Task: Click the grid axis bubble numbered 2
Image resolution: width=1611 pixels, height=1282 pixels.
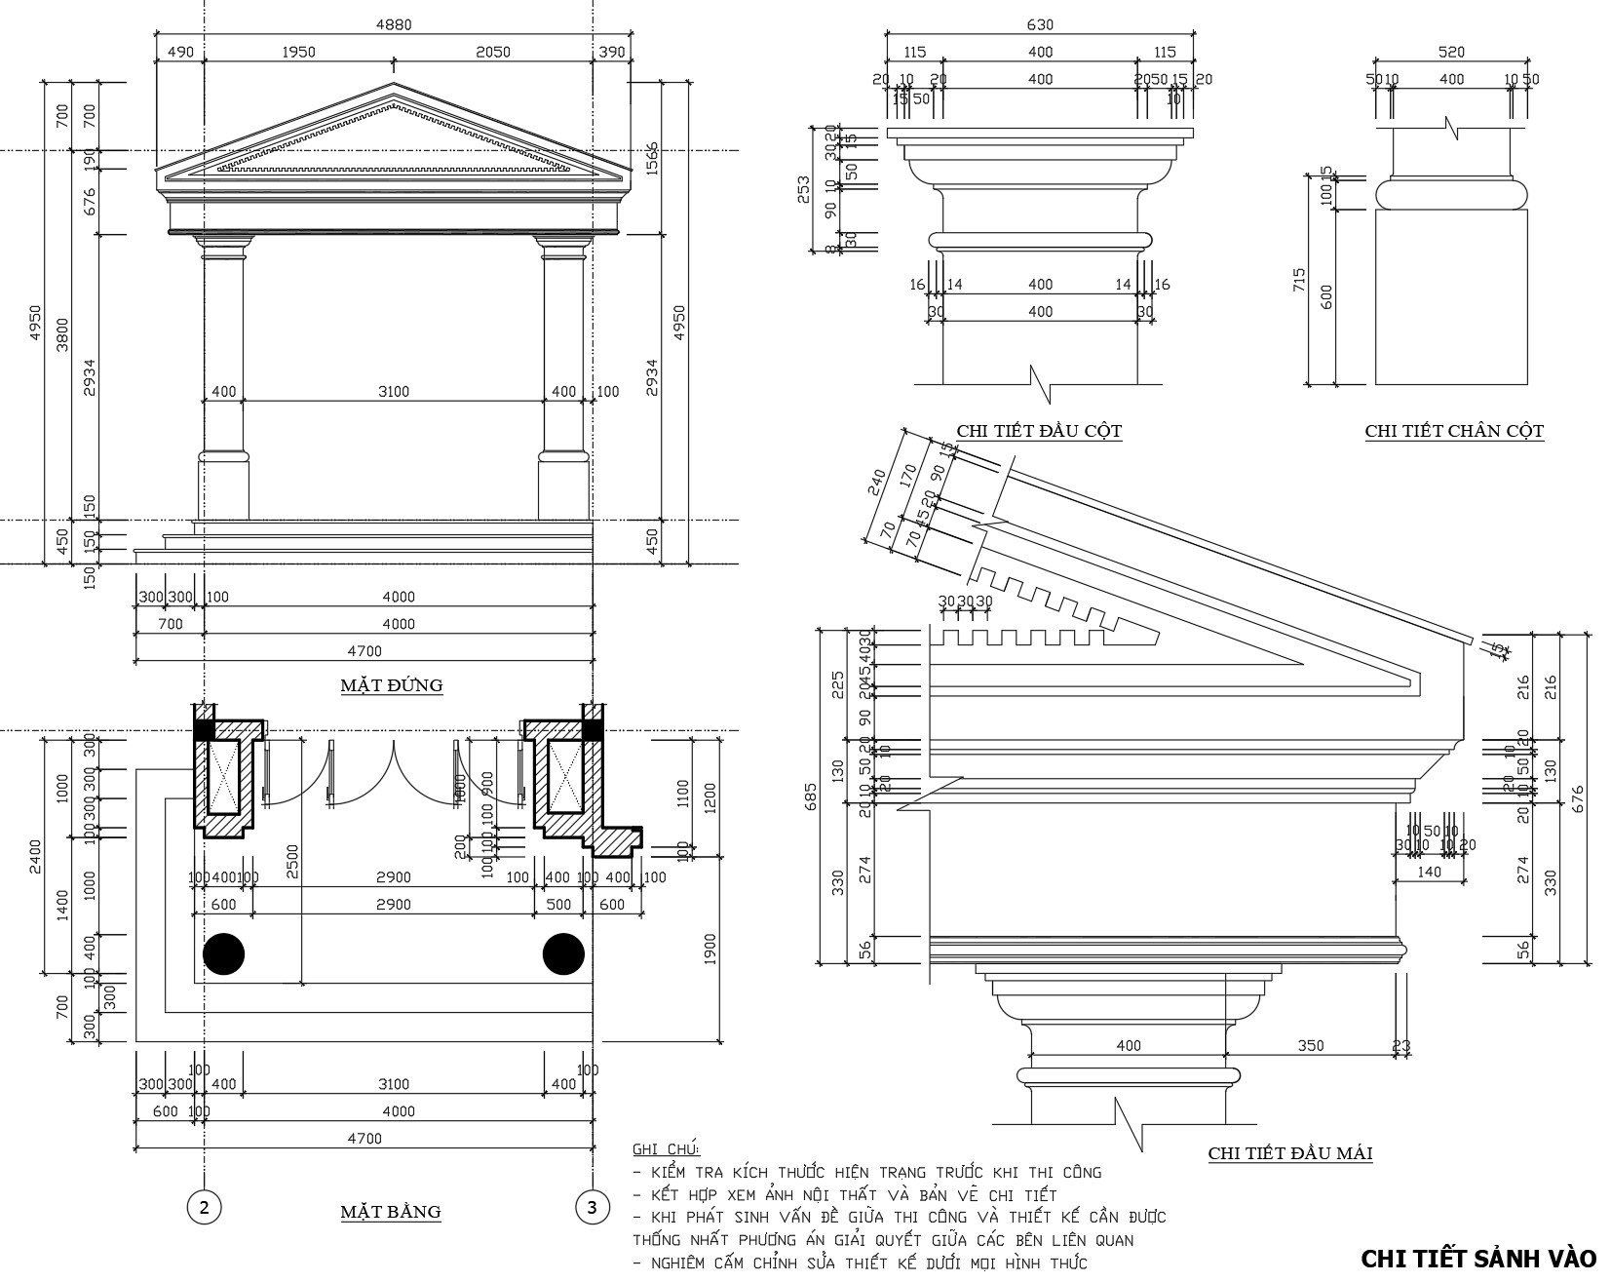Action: click(204, 1208)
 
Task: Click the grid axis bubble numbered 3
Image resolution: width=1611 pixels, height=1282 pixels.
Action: click(592, 1208)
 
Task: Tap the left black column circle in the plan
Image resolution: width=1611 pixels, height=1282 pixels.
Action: click(223, 953)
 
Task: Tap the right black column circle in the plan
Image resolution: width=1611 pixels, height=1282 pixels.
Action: click(563, 953)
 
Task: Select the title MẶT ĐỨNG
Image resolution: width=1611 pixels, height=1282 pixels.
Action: click(391, 685)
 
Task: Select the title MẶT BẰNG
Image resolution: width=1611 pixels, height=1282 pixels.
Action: click(390, 1212)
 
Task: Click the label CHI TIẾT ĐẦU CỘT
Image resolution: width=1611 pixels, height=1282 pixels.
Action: click(1039, 430)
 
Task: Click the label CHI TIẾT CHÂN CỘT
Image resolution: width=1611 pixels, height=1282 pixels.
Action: click(1454, 430)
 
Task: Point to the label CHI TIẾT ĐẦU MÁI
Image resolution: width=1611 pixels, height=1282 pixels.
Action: click(1290, 1153)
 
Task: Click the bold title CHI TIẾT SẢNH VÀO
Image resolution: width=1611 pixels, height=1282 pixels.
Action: click(1477, 1259)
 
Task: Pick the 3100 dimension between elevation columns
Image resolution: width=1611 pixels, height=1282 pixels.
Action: click(393, 392)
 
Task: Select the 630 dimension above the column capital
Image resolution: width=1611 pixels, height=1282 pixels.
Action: click(1040, 25)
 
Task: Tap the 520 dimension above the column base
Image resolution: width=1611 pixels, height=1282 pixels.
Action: click(1451, 52)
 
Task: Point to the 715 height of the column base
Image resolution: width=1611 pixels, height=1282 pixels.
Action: click(1299, 281)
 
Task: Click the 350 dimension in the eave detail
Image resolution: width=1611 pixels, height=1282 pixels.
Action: click(1311, 1045)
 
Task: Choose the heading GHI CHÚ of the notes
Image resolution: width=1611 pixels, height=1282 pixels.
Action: click(666, 1149)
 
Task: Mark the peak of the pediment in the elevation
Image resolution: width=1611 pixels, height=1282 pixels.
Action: click(393, 85)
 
